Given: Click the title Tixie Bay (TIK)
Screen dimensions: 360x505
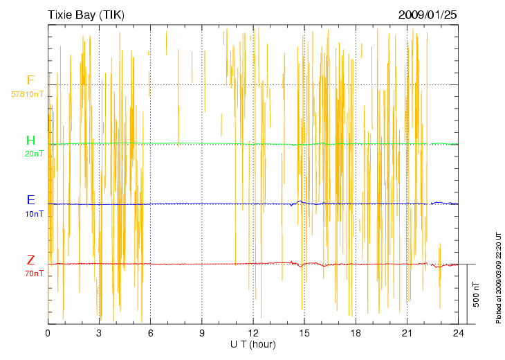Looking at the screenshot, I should pos(86,15).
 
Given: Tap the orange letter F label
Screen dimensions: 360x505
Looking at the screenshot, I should pos(30,80).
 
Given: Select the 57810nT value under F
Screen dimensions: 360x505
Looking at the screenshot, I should pos(28,93).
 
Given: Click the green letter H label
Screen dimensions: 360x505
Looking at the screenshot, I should pos(30,141).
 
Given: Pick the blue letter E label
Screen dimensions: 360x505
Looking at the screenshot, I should pos(30,200).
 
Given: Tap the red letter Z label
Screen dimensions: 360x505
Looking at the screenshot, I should pos(30,260).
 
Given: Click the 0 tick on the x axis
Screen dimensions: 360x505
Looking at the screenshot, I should pos(48,333).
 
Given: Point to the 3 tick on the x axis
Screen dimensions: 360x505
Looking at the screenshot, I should pos(99,333).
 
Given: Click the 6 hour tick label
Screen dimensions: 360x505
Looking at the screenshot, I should pos(150,333).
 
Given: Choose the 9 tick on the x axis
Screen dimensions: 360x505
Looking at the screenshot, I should pos(201,333).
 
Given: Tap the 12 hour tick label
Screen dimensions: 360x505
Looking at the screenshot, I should pos(253,333).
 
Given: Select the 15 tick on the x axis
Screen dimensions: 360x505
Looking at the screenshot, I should pos(304,333).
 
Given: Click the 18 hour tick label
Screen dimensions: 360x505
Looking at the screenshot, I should pos(356,333).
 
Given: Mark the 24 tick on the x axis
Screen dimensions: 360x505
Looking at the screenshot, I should pos(458,333).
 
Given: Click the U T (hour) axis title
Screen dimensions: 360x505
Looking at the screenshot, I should pos(253,344).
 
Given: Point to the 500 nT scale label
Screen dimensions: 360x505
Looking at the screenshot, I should pos(476,294).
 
